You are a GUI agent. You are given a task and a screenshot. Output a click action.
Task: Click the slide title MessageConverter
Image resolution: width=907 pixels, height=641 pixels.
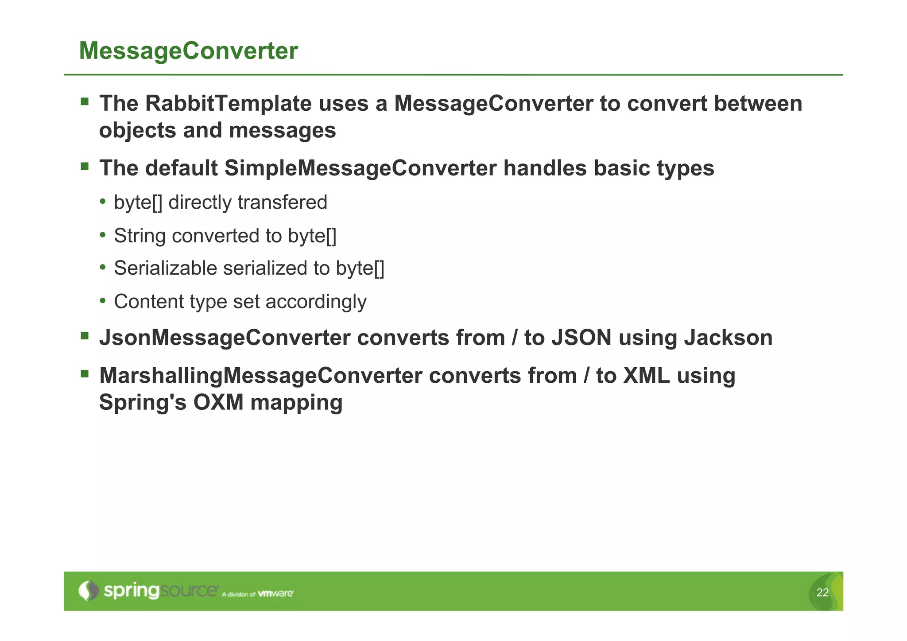tap(188, 51)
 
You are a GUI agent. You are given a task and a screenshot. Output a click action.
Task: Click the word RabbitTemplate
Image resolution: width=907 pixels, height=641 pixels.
tap(228, 104)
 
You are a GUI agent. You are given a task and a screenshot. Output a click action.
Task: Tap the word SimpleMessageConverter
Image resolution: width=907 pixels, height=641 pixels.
tap(360, 168)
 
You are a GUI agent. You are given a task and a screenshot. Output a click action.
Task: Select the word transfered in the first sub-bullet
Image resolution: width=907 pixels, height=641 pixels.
tap(282, 202)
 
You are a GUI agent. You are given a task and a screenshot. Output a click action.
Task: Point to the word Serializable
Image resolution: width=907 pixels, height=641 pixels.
tap(165, 268)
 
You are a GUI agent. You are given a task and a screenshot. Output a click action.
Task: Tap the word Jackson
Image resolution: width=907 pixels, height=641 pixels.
tap(728, 338)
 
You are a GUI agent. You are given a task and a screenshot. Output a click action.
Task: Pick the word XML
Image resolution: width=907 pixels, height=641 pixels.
tap(646, 376)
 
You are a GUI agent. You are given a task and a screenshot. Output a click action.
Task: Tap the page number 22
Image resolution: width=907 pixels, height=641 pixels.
tap(822, 593)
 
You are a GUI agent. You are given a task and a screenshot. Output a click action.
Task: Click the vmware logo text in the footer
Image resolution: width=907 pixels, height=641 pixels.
tap(275, 593)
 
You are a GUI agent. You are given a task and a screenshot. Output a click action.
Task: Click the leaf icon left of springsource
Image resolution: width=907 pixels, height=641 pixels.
tap(88, 590)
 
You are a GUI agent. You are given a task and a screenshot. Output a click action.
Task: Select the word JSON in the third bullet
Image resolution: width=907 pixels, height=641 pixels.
tap(581, 338)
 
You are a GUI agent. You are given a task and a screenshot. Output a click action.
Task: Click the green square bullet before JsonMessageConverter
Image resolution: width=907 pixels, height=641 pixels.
tap(85, 335)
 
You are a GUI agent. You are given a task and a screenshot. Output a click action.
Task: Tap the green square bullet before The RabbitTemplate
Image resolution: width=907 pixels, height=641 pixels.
tap(85, 101)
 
